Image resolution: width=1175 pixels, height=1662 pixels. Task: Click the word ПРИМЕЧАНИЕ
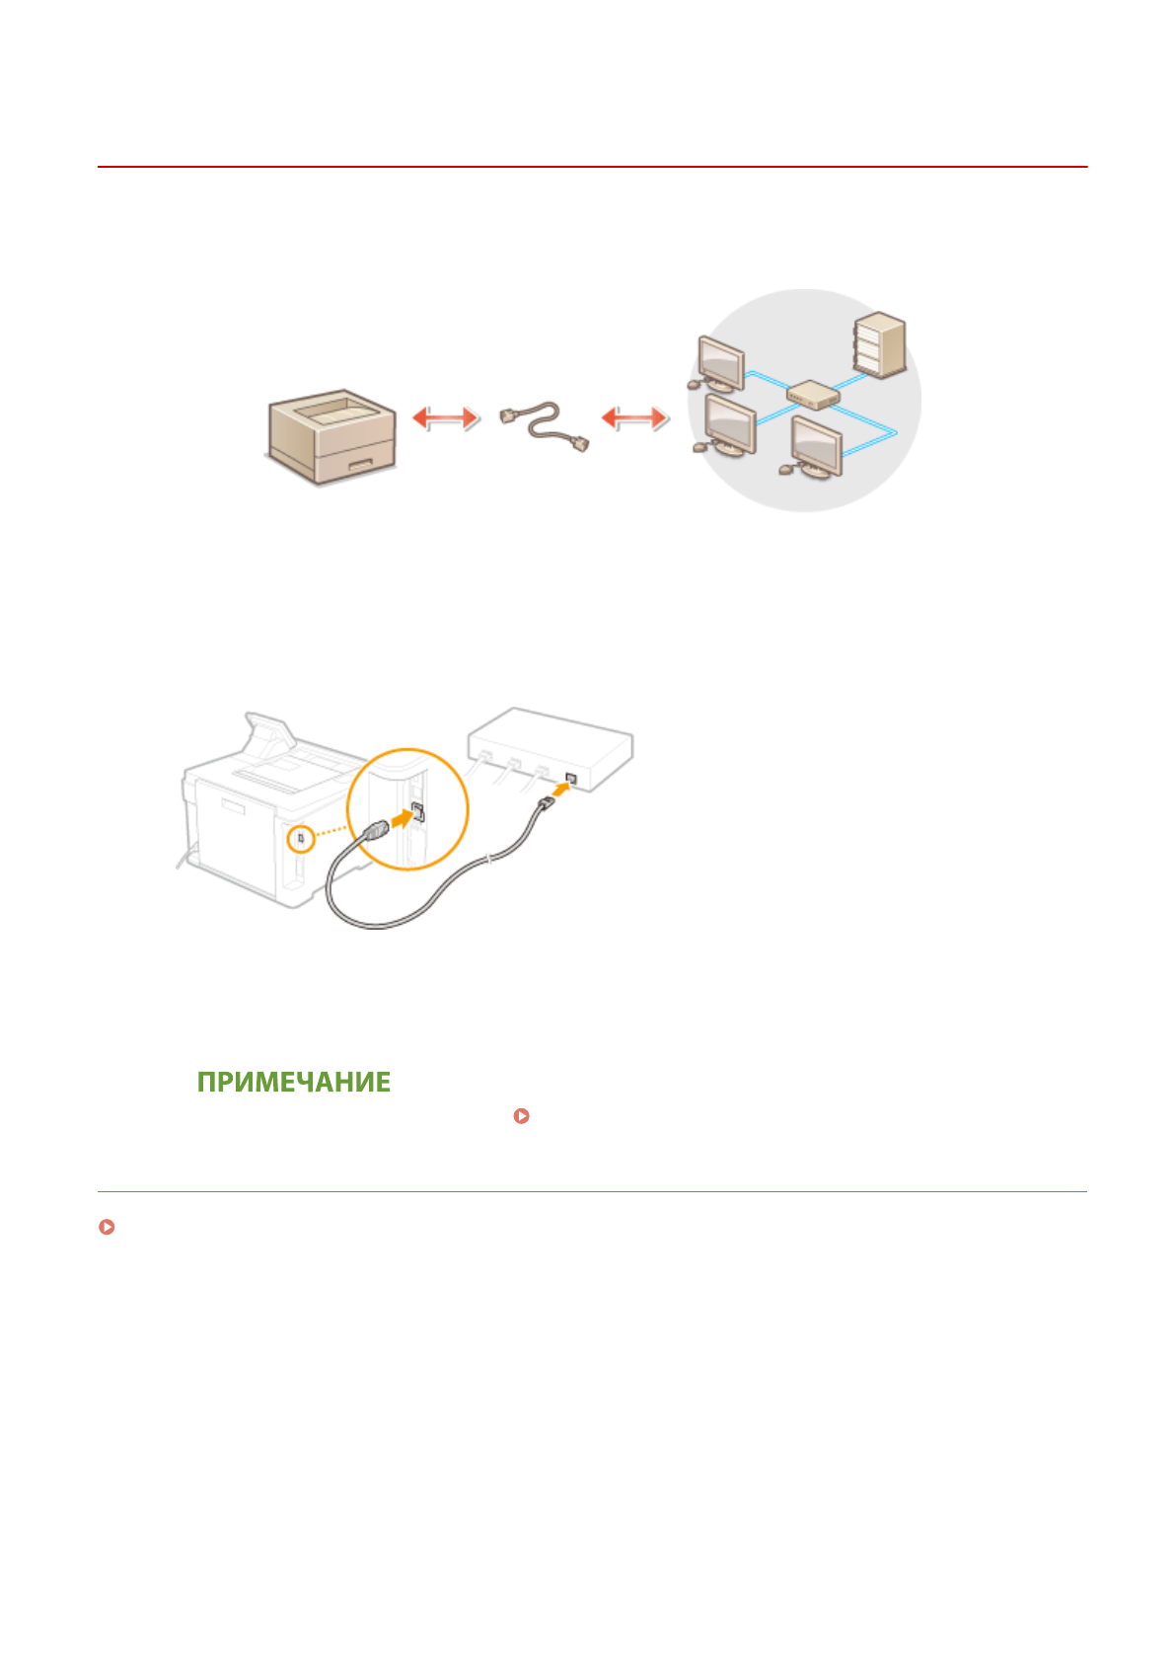[x=294, y=1082]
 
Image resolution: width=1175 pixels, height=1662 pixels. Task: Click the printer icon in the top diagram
[x=333, y=435]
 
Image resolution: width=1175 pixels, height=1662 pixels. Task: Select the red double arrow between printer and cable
[x=446, y=418]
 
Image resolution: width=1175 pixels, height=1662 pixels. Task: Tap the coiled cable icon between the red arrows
[x=545, y=426]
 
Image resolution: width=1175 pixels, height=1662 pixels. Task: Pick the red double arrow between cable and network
[x=635, y=418]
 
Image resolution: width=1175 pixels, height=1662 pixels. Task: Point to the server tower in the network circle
[x=879, y=344]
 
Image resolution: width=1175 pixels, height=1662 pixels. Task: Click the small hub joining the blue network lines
[x=813, y=396]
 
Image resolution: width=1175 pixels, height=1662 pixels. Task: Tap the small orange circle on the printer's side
[x=301, y=839]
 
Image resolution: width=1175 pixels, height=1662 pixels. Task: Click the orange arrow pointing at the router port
[x=558, y=790]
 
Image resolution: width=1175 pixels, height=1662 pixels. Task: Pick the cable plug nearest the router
[x=545, y=807]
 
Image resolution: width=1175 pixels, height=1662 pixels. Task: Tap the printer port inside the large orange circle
[x=417, y=812]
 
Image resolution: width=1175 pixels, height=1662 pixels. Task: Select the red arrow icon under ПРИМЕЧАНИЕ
[x=522, y=1116]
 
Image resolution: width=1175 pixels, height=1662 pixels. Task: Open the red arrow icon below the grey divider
[x=107, y=1228]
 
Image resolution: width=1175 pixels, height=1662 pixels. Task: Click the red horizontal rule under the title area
[x=592, y=168]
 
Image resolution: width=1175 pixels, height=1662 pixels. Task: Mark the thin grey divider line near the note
[x=592, y=1191]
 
